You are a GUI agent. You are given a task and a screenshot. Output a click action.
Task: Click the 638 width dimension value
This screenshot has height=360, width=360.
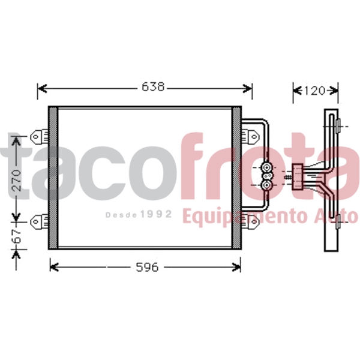coord(153,88)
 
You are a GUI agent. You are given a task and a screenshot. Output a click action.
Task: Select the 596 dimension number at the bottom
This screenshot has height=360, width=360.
coord(146,267)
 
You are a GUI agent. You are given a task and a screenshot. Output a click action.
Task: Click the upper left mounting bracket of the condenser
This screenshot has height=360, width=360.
coord(40,137)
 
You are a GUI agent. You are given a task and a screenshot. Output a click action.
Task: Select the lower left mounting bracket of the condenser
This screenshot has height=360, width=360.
coord(40,221)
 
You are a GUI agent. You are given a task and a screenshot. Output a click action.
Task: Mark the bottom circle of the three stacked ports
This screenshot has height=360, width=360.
coord(266,186)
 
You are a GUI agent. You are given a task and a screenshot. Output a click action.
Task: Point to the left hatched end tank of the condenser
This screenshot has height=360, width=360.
coord(53,178)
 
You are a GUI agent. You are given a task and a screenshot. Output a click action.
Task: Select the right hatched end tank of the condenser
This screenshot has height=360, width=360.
coord(236,178)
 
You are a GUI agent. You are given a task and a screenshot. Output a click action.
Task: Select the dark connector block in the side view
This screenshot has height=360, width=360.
coord(298,175)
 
